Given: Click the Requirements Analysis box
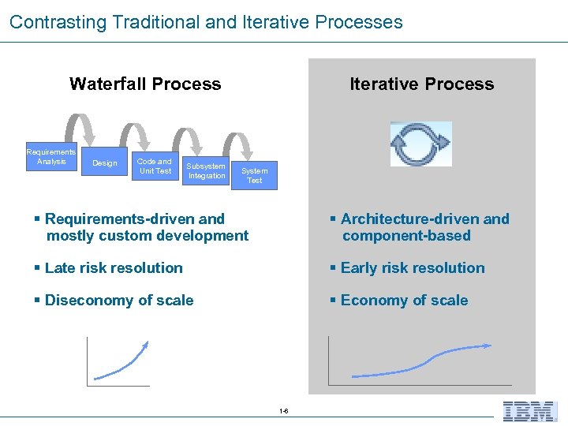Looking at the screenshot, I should pyautogui.click(x=51, y=157).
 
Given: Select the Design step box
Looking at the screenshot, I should pyautogui.click(x=105, y=163).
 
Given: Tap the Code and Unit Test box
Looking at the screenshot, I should pyautogui.click(x=155, y=166).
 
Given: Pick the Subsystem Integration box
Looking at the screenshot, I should pyautogui.click(x=206, y=171).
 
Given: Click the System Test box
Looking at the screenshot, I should pyautogui.click(x=254, y=176).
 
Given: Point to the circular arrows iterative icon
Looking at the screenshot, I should pyautogui.click(x=420, y=144).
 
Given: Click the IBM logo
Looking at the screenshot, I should pyautogui.click(x=530, y=410).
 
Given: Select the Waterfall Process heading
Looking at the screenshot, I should pyautogui.click(x=145, y=84).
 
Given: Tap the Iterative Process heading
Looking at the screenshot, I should pyautogui.click(x=421, y=84).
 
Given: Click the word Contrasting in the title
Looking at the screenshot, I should pyautogui.click(x=58, y=22).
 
